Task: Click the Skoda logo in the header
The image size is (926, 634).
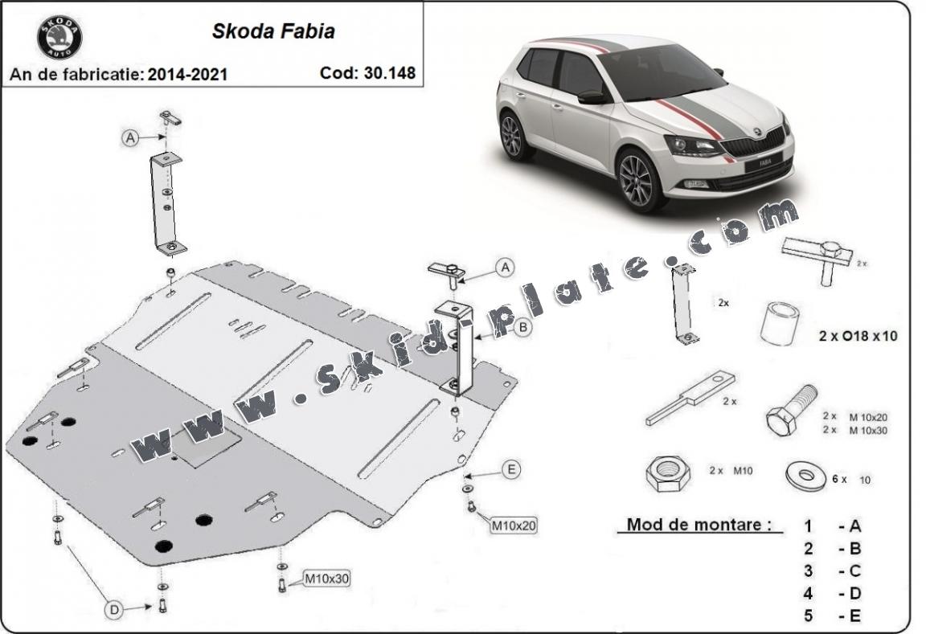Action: [x=59, y=37]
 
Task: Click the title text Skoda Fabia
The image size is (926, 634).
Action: [x=273, y=31]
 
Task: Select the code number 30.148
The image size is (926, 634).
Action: [x=391, y=73]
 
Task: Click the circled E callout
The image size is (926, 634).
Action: [x=510, y=470]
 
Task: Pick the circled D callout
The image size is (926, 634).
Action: [x=115, y=611]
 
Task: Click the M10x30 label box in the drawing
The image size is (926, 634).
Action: [x=326, y=578]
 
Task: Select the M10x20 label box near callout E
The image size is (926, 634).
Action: [x=513, y=526]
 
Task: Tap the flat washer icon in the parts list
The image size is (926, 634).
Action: [x=804, y=477]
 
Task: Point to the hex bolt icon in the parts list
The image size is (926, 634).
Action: [x=792, y=410]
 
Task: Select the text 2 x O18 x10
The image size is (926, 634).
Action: [x=857, y=337]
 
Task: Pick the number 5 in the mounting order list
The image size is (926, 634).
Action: [x=808, y=616]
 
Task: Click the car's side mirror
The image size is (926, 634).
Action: [x=591, y=97]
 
